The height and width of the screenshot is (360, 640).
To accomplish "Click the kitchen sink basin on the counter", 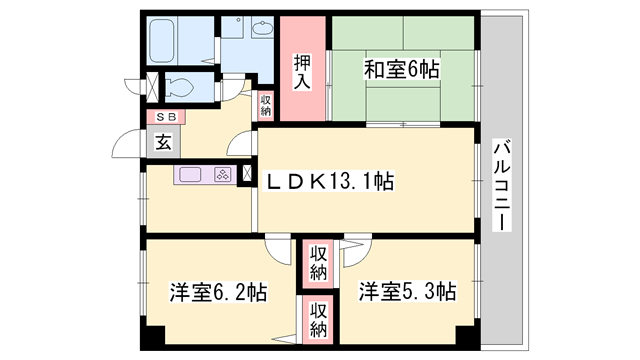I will click(x=192, y=175).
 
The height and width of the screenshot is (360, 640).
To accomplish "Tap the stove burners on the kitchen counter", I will click(x=222, y=175).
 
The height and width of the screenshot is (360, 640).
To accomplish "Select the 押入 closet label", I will click(x=303, y=73).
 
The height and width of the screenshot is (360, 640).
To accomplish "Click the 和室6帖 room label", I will click(x=400, y=70).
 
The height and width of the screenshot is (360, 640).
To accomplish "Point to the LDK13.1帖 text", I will click(x=330, y=181).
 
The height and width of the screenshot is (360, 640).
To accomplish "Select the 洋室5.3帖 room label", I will click(x=409, y=293).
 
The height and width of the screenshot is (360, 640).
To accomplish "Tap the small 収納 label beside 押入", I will click(x=265, y=104).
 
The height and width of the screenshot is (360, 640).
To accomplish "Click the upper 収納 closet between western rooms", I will click(x=318, y=262).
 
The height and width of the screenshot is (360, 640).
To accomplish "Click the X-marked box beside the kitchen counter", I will click(x=246, y=174).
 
